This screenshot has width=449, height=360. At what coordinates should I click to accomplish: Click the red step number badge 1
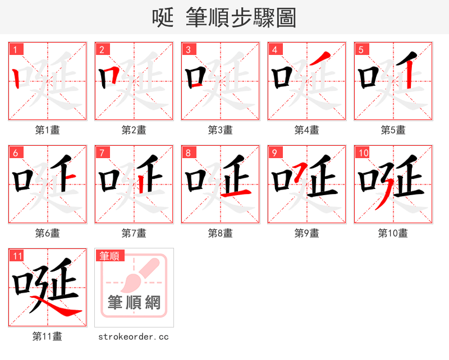point(15,49)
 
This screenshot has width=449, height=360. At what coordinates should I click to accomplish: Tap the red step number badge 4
point(274,49)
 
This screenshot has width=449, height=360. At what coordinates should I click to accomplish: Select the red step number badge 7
point(102,153)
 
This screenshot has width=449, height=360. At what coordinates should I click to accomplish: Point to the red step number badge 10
point(363,153)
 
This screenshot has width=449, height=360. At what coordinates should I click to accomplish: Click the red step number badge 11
point(17,256)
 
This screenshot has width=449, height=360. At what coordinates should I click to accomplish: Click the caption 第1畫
point(48,130)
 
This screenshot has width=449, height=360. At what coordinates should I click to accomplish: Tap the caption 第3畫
point(221,130)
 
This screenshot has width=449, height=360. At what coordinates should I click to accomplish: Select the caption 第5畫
point(393,130)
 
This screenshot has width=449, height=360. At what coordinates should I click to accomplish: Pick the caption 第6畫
point(48,233)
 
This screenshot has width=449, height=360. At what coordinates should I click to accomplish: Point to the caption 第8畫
point(221,233)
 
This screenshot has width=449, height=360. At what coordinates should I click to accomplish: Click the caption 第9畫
point(307,233)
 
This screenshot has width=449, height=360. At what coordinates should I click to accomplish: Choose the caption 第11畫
point(48,337)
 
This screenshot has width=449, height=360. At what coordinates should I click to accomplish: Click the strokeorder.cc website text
point(134,337)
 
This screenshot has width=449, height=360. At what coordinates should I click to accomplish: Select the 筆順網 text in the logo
point(134,303)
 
